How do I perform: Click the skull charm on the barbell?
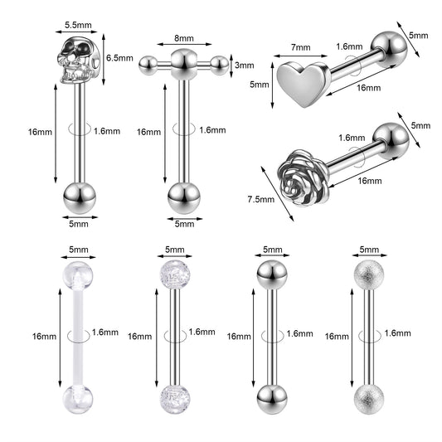tap(79, 61)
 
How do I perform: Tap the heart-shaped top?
tap(303, 84)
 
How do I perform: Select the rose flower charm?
tap(303, 177)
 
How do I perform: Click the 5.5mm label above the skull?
tap(78, 25)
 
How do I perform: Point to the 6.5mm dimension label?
tap(119, 58)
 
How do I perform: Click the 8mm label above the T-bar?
tap(184, 38)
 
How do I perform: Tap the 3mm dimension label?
tap(245, 66)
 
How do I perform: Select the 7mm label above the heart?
tap(301, 47)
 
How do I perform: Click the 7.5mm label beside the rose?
tap(261, 200)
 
